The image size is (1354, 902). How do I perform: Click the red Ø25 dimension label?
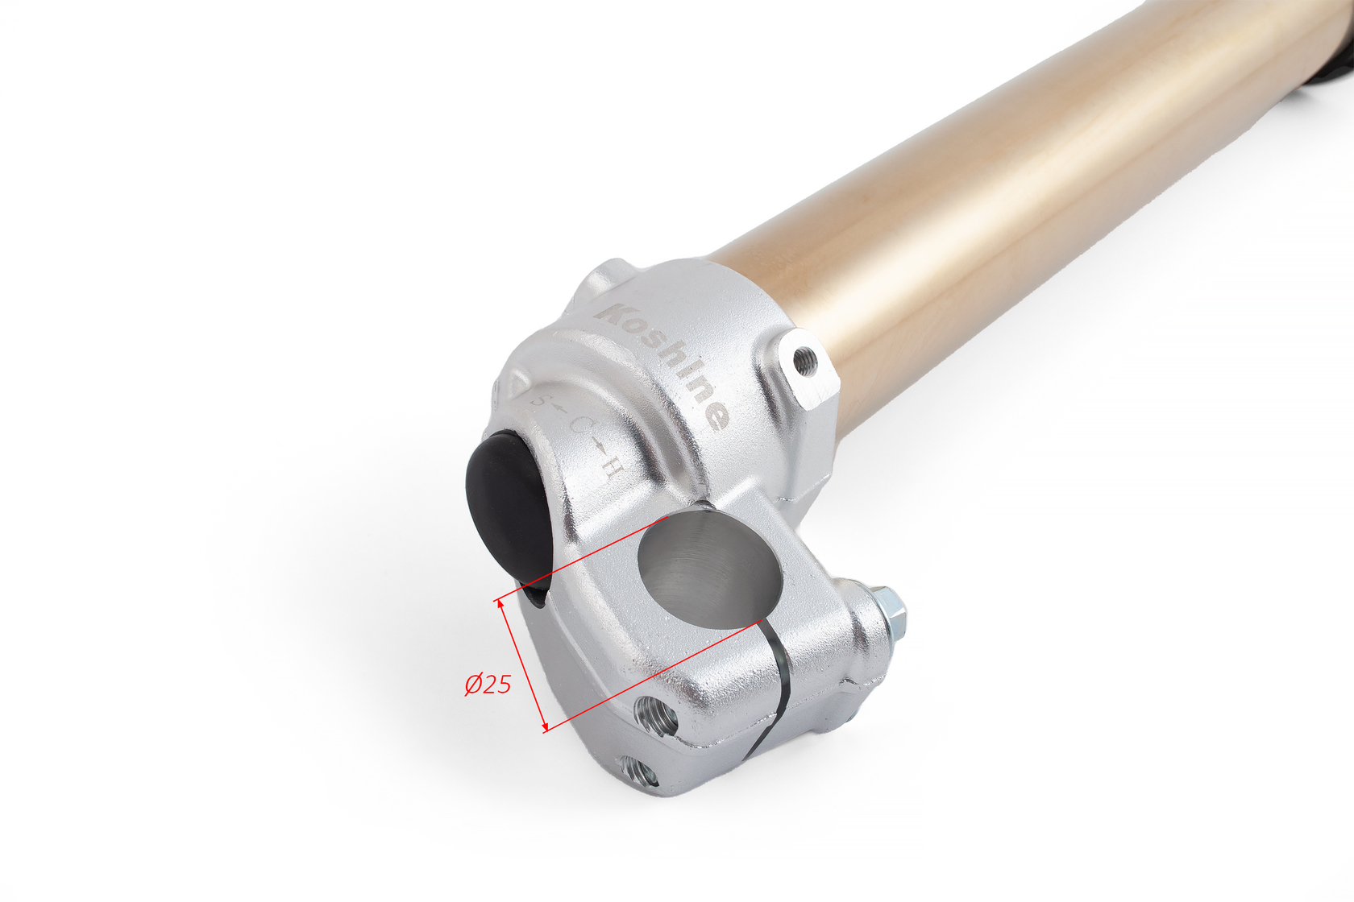[x=488, y=684]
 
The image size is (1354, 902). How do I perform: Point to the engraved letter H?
[x=612, y=470]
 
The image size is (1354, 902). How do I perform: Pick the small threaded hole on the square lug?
[x=805, y=362]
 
